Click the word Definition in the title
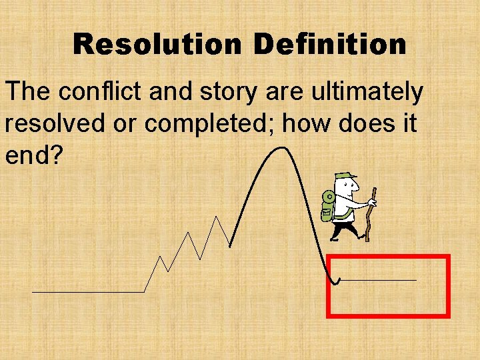point(330,45)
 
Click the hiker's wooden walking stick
point(371,213)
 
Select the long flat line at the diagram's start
point(87,292)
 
